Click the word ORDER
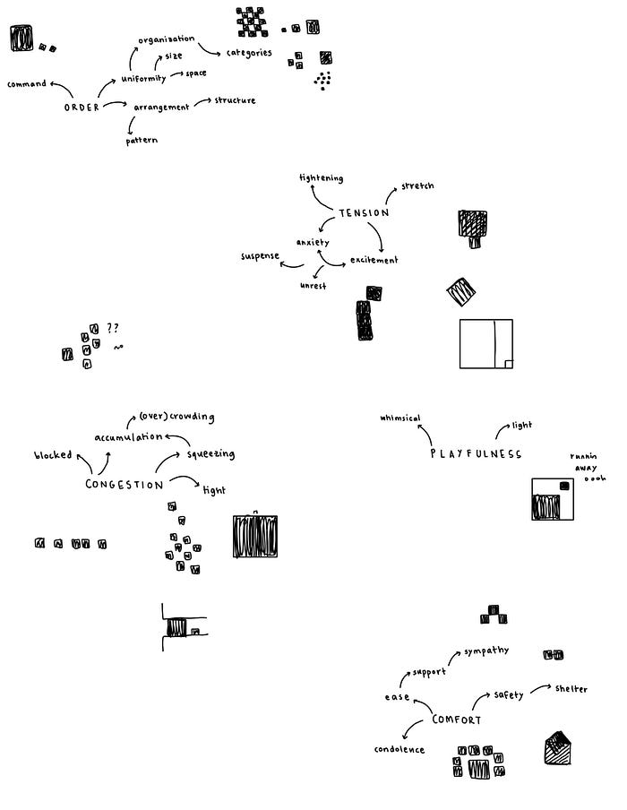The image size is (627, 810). (82, 108)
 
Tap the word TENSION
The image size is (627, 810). (364, 212)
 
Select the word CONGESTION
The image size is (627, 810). (125, 485)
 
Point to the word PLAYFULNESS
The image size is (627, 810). (476, 454)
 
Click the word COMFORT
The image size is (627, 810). (457, 720)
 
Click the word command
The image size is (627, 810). (27, 84)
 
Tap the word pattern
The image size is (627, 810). (142, 141)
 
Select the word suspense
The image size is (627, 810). (261, 257)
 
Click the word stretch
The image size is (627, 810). (417, 185)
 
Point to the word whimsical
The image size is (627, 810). (400, 418)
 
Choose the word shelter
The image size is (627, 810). (571, 688)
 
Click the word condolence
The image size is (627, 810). (399, 749)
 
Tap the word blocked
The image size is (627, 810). (54, 455)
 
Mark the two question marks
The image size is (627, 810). (113, 328)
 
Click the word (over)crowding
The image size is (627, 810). (176, 417)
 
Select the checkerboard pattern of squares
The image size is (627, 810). (252, 22)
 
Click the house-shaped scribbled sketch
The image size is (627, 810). (558, 748)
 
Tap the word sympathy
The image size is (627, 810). (486, 650)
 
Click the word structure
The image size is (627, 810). (235, 100)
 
